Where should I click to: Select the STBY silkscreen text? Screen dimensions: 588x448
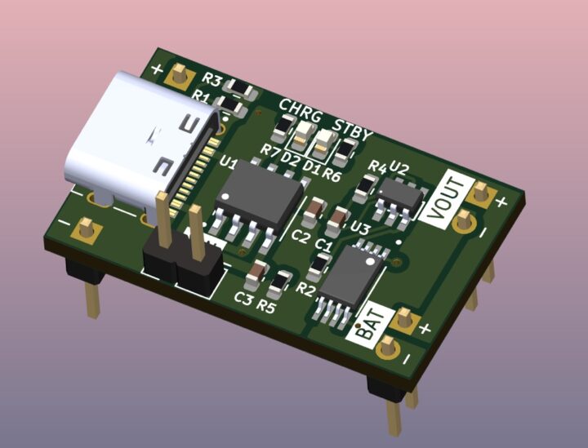353,129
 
